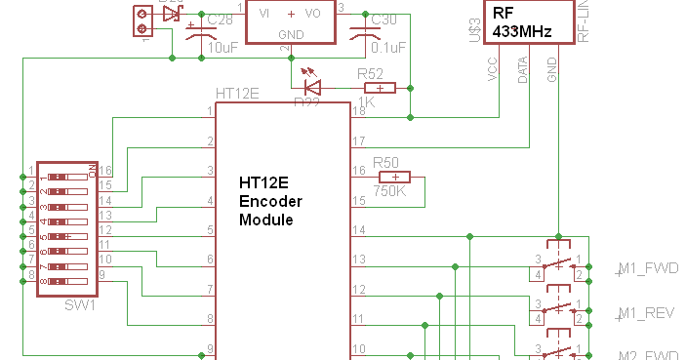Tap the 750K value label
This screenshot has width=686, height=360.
point(389,192)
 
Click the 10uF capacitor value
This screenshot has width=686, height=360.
point(222,46)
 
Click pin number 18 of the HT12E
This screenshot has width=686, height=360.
point(358,111)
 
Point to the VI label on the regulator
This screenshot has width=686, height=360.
point(265,14)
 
